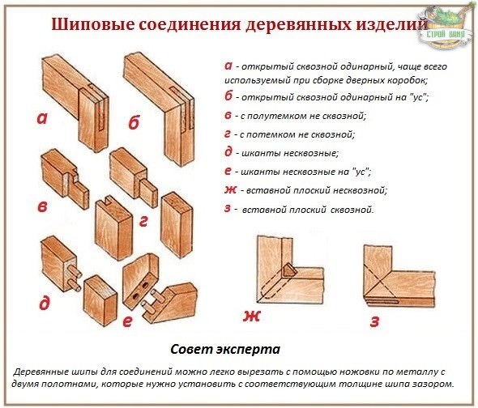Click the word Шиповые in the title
pyautogui.click(x=92, y=23)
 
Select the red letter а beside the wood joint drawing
pyautogui.click(x=42, y=119)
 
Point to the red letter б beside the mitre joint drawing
pyautogui.click(x=134, y=123)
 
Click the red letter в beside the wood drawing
pyautogui.click(x=42, y=206)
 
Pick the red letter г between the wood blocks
pyautogui.click(x=143, y=219)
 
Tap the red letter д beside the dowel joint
pyautogui.click(x=44, y=304)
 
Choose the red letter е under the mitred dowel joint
pyautogui.click(x=127, y=321)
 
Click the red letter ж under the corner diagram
pyautogui.click(x=252, y=317)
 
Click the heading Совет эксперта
pyautogui.click(x=226, y=351)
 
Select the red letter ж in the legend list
pyautogui.click(x=231, y=189)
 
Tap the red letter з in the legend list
pyautogui.click(x=228, y=209)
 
